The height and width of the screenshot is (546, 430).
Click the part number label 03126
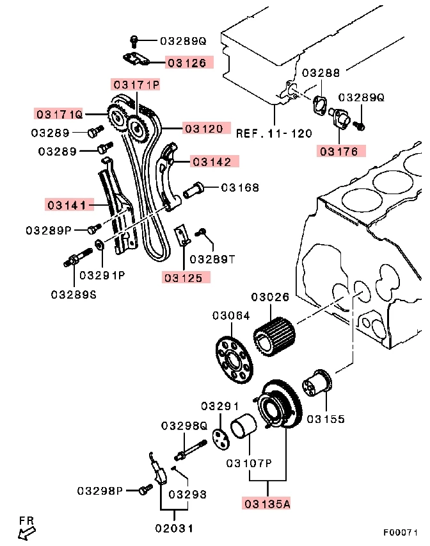pyautogui.click(x=187, y=63)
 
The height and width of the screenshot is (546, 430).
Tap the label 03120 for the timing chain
pyautogui.click(x=204, y=128)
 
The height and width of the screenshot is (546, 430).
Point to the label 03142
pyautogui.click(x=213, y=161)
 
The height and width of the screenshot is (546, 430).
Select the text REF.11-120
pyautogui.click(x=274, y=133)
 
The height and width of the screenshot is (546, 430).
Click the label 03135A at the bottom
pyautogui.click(x=266, y=503)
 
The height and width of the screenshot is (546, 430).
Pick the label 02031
pyautogui.click(x=173, y=528)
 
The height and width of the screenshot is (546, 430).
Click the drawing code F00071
pyautogui.click(x=401, y=533)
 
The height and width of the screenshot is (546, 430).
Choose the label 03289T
pyautogui.click(x=213, y=259)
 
